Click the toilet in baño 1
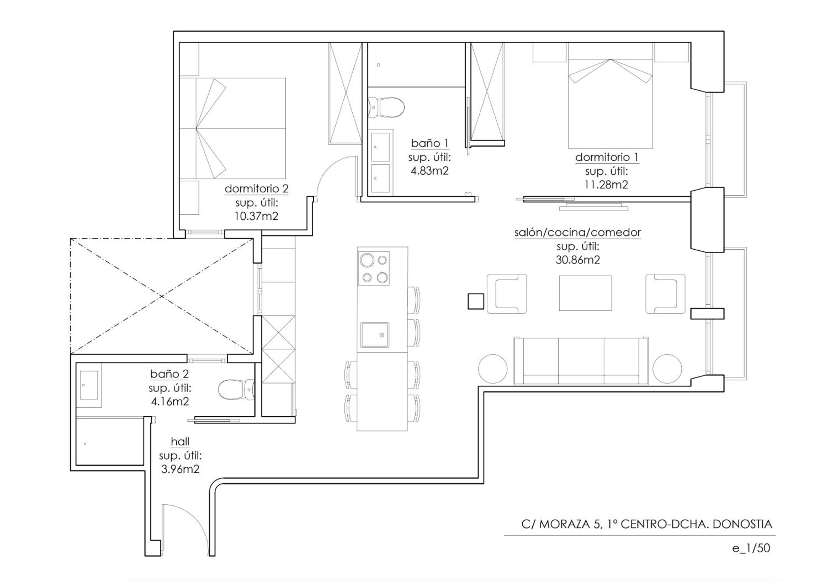pyautogui.click(x=386, y=107)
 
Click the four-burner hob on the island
pyautogui.click(x=374, y=268)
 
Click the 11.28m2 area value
pyautogui.click(x=606, y=185)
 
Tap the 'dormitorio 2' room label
pyautogui.click(x=256, y=189)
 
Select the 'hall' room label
pyautogui.click(x=180, y=441)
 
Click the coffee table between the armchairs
pyautogui.click(x=585, y=293)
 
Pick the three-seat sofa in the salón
pyautogui.click(x=581, y=361)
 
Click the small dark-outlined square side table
pyautogui.click(x=476, y=301)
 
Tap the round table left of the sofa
pyautogui.click(x=493, y=369)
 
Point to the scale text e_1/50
pyautogui.click(x=751, y=548)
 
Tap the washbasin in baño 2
pyautogui.click(x=88, y=385)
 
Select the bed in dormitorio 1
pyautogui.click(x=611, y=95)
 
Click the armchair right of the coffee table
pyautogui.click(x=665, y=293)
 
